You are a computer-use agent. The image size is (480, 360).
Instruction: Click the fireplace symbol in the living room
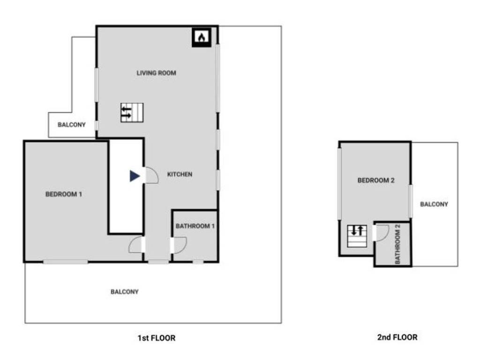201,37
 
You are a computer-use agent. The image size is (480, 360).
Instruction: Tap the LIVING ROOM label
156,73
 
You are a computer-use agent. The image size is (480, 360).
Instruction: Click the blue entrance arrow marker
135,176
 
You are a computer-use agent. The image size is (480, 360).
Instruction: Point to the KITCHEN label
180,174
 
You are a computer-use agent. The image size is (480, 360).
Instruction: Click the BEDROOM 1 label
64,194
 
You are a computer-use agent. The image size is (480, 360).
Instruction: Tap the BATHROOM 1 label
195,226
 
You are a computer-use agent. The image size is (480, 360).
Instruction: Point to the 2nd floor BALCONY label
434,204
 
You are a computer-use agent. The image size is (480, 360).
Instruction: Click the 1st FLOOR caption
157,337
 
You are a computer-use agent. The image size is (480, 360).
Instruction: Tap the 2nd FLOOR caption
397,337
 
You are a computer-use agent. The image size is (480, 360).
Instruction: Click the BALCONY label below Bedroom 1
124,292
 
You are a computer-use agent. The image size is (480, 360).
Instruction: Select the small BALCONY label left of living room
71,125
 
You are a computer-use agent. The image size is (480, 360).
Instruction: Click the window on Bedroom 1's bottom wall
66,262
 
